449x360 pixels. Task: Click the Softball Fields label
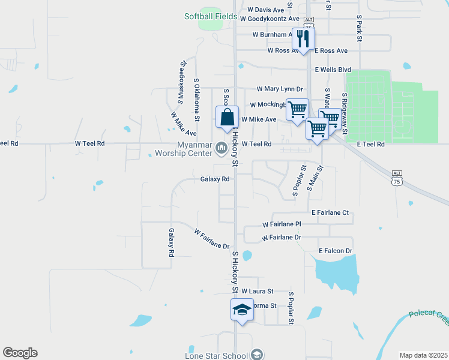pos(211,16)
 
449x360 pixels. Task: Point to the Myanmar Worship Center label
pos(195,149)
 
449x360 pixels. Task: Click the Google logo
pos(20,353)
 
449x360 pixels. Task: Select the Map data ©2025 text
pos(423,355)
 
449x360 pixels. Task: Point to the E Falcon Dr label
pos(335,250)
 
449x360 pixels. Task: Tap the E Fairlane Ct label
pos(330,212)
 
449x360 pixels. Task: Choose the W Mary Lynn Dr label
pos(280,89)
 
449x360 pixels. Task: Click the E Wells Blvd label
pos(333,70)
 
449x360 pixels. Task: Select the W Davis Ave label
pos(266,10)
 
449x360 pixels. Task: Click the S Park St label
pos(358,28)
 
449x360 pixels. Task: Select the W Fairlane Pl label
pos(281,224)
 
